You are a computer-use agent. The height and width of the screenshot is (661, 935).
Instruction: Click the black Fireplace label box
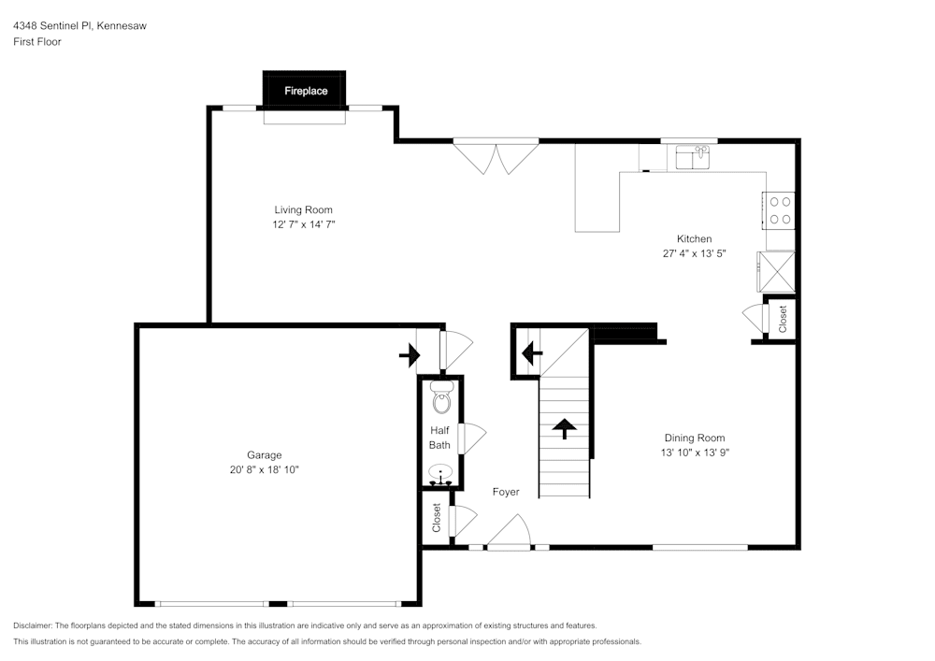click(x=305, y=91)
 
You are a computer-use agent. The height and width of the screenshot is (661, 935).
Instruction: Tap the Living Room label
click(x=303, y=210)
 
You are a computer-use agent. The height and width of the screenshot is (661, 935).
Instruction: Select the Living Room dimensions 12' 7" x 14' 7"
click(x=303, y=225)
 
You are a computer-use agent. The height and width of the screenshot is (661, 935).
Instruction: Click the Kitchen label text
click(x=694, y=239)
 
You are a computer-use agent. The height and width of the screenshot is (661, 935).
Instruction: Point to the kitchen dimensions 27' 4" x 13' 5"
click(x=694, y=253)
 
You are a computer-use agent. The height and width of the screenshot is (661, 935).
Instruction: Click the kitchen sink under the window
click(x=693, y=157)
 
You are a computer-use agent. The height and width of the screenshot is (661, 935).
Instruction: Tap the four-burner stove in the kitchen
click(x=780, y=210)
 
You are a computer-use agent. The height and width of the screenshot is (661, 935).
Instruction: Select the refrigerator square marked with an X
click(x=776, y=272)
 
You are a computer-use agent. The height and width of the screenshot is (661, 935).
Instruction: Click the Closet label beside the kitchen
click(x=783, y=319)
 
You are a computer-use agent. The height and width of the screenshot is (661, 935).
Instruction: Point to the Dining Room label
click(x=694, y=438)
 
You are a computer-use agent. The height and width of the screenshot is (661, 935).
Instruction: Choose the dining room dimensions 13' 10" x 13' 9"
click(x=694, y=453)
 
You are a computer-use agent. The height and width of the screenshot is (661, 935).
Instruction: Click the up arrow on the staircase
click(x=564, y=428)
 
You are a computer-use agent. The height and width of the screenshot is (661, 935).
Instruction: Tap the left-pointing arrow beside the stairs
click(x=531, y=353)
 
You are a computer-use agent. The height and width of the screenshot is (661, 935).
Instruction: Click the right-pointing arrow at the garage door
click(x=410, y=354)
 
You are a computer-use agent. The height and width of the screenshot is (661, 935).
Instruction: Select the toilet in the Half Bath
click(x=441, y=399)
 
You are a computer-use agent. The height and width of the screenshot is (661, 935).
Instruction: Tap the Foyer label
click(x=506, y=492)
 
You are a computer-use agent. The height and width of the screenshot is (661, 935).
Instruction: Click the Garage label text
click(x=265, y=455)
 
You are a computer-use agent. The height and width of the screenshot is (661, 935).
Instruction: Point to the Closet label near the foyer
click(x=437, y=518)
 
